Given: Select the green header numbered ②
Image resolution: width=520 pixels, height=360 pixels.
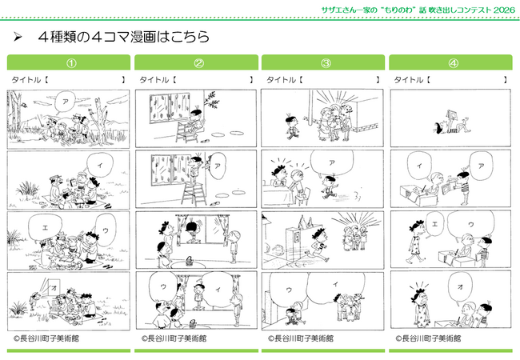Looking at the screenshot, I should (196, 62).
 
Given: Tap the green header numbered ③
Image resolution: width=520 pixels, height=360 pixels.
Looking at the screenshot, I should (324, 62).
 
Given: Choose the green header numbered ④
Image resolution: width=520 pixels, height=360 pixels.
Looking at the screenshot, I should (453, 62).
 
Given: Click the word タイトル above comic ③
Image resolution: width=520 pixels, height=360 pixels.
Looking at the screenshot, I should (280, 80).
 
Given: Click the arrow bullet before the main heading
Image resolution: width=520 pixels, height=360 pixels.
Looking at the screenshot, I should (18, 37).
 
